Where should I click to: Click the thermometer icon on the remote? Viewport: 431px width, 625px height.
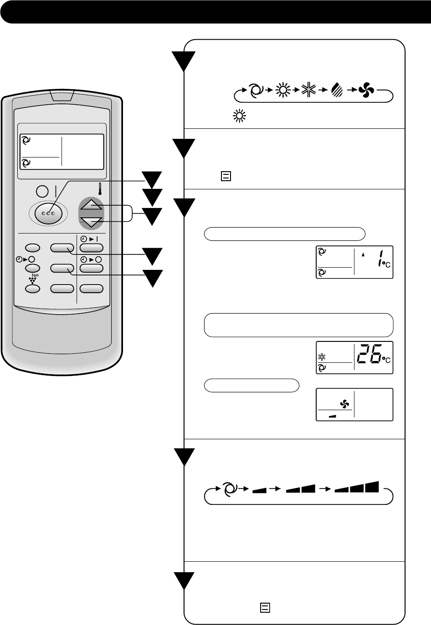pyautogui.click(x=99, y=188)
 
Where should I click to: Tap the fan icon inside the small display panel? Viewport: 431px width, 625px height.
pyautogui.click(x=344, y=403)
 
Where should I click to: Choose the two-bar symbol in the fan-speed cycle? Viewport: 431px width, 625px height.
pyautogui.click(x=301, y=489)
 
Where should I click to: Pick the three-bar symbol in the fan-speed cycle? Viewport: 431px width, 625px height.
pyautogui.click(x=357, y=487)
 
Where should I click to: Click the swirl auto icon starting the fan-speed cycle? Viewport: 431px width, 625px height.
pyautogui.click(x=230, y=489)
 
